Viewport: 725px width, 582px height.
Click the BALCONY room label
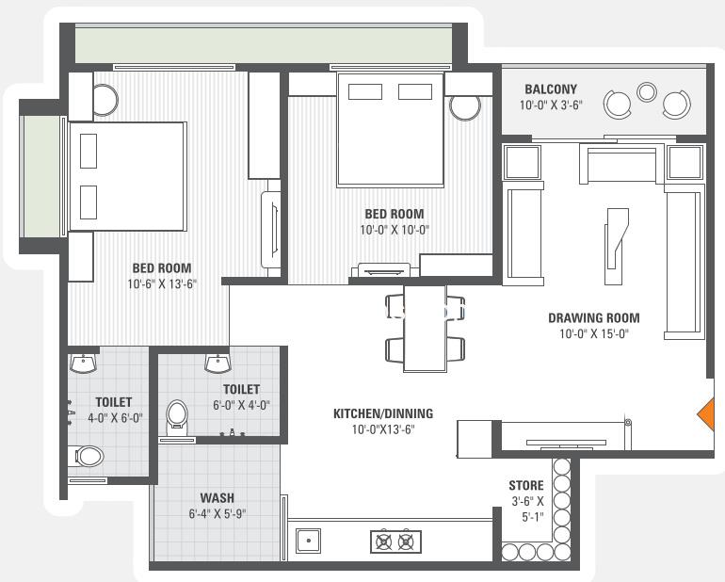[x=551, y=89]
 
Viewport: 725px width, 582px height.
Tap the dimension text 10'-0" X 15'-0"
[x=594, y=333]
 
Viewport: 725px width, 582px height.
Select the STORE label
[x=526, y=485]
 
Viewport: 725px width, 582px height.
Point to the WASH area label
[x=217, y=498]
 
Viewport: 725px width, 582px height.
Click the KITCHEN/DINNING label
[x=383, y=413]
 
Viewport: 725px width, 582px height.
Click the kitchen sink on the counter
[x=309, y=540]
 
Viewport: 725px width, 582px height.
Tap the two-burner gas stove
[x=395, y=542]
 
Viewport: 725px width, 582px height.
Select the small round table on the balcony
[x=647, y=91]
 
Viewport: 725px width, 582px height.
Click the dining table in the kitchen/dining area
[x=425, y=328]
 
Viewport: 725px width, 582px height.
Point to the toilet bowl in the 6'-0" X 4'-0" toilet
[x=177, y=414]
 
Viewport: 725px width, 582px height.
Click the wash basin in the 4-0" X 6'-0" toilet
[x=84, y=364]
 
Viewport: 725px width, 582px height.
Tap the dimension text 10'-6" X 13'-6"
[x=162, y=284]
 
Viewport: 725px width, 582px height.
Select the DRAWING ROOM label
[x=594, y=317]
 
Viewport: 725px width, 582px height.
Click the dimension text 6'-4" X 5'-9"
[x=217, y=513]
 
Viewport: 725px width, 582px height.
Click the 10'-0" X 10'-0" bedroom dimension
[x=395, y=230]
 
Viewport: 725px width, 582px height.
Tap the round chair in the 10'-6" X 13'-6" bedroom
[x=105, y=100]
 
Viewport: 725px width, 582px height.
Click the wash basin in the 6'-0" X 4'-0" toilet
[x=218, y=364]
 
